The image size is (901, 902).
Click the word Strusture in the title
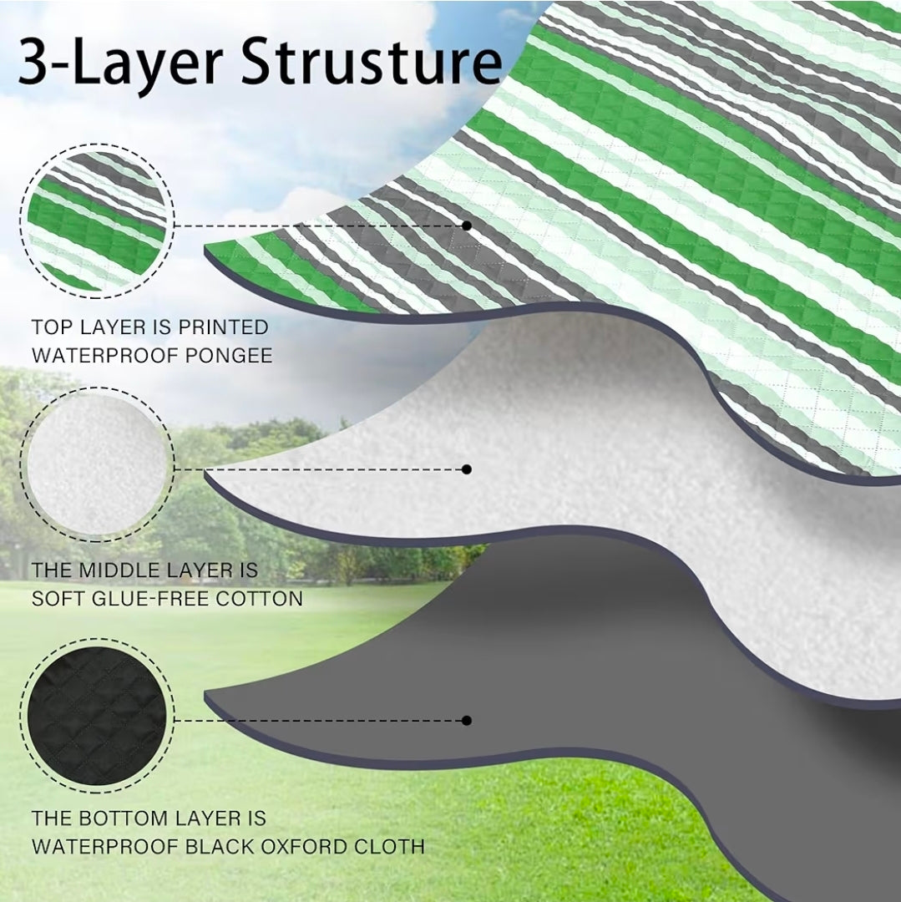pos(371,60)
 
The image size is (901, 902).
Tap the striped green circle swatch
pos(97,220)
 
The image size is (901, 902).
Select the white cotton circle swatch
pos(97,465)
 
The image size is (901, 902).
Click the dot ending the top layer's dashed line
pos(466,225)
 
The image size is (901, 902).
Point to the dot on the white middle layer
pos(466,469)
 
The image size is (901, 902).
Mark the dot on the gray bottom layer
pos(466,720)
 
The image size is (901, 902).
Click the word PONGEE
pos(229,356)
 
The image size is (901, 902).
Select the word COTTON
pos(260,599)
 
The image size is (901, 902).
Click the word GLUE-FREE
pos(151,599)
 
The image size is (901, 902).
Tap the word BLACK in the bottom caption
pos(220,847)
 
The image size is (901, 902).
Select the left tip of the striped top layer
pos(205,249)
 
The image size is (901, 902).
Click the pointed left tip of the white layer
pos(205,473)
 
